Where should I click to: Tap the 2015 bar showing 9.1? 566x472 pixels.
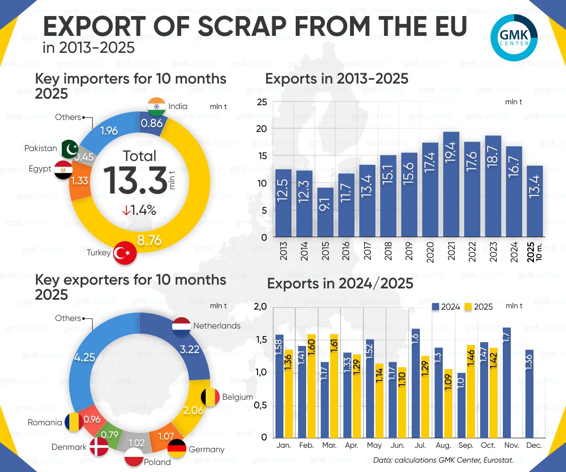[325, 212]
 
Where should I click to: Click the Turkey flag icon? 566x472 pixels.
[125, 253]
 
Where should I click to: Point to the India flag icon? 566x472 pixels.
[156, 106]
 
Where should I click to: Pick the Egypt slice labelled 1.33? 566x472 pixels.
[80, 181]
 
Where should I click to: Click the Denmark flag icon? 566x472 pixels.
[98, 446]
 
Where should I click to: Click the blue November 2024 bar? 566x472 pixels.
[507, 382]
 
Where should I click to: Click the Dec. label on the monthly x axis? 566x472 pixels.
[534, 446]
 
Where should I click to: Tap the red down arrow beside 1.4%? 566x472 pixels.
[126, 211]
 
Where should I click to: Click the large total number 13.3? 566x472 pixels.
[134, 180]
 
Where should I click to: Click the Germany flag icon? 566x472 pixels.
[177, 448]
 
